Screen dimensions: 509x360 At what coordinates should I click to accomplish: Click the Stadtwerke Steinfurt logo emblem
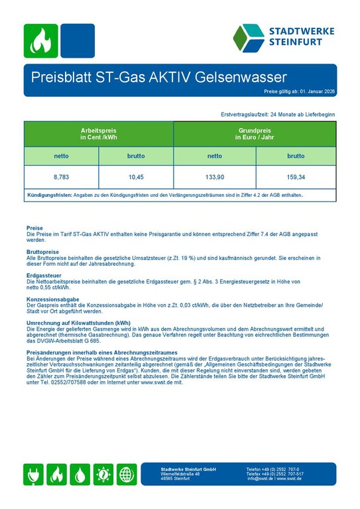pos(249,38)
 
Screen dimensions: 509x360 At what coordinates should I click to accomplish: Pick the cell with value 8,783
pos(61,177)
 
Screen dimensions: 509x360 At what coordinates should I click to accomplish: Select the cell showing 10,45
pos(136,177)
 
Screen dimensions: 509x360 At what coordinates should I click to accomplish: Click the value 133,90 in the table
pos(215,177)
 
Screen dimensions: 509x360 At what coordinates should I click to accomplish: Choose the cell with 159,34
pos(296,177)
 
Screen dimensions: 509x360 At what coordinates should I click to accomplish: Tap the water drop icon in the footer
pos(80,474)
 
